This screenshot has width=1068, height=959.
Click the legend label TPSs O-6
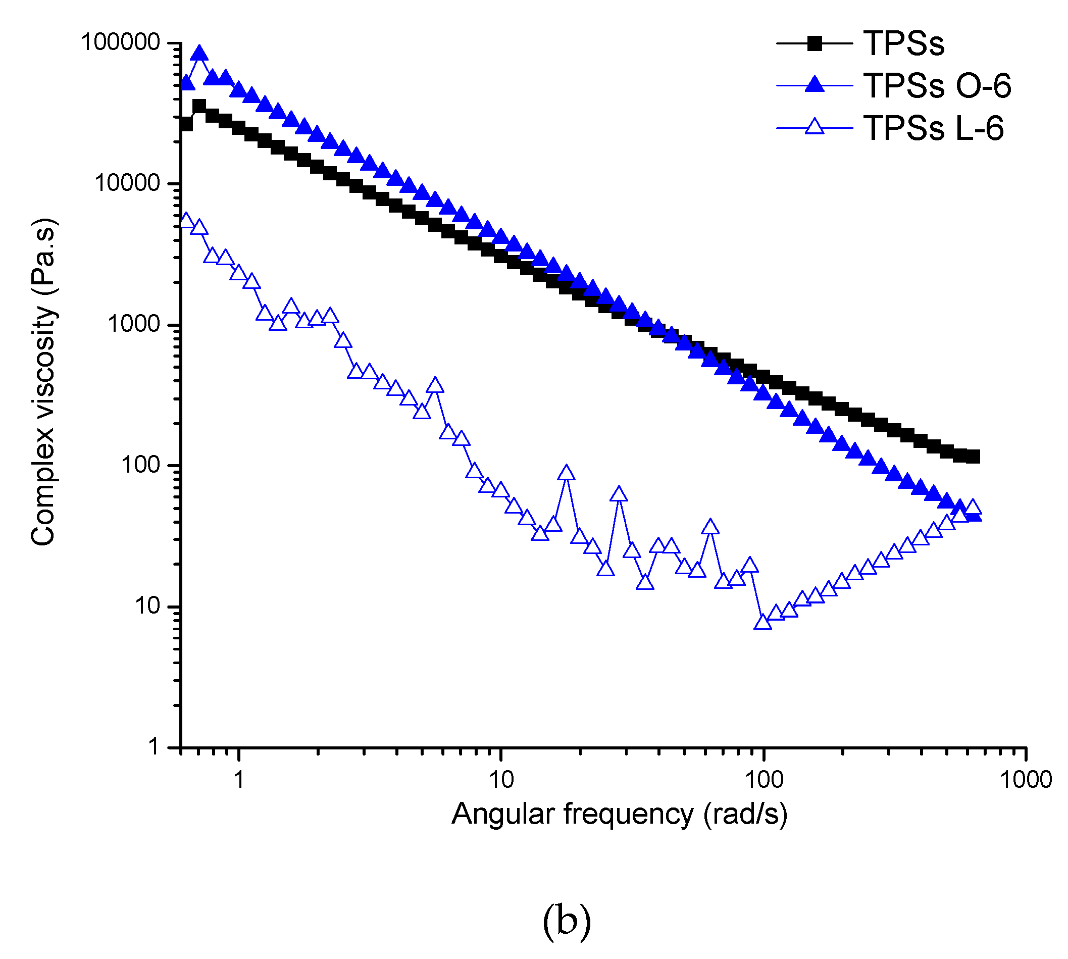[936, 85]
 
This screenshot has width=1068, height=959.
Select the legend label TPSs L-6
[933, 128]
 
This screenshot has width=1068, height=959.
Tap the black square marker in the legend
[815, 43]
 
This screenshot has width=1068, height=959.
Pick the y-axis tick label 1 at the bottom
[154, 747]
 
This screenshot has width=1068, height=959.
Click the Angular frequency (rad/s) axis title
[620, 814]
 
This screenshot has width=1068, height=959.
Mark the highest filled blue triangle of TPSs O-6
[199, 53]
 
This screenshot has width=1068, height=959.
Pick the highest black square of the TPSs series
[199, 106]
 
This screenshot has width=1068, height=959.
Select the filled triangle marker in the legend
[815, 85]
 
